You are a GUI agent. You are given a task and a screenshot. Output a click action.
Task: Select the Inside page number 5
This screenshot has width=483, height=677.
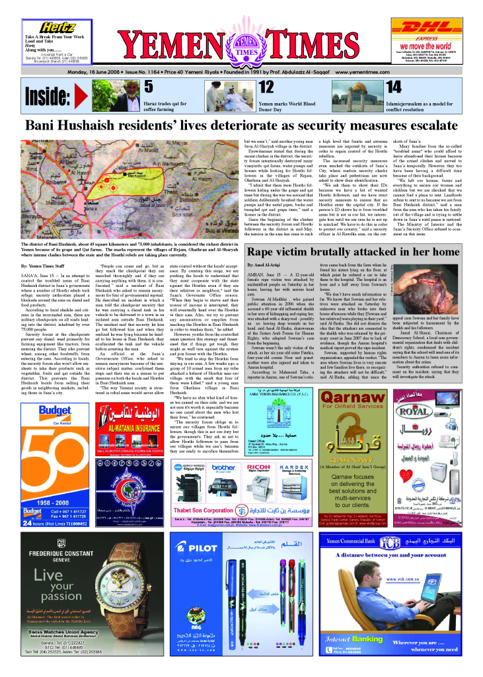(149, 87)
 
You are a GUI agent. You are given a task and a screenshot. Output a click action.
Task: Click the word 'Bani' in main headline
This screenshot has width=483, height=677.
(43, 124)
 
